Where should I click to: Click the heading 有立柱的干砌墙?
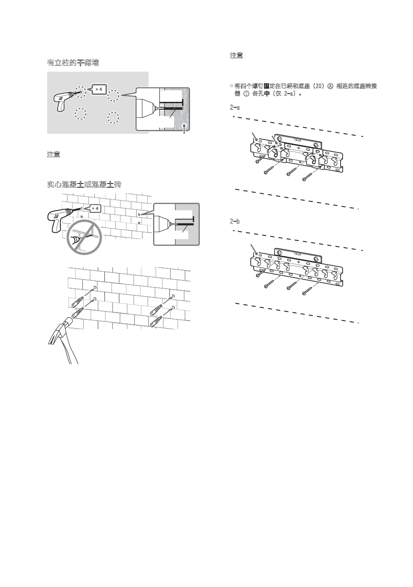73,63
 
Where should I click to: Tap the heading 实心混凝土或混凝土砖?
84,184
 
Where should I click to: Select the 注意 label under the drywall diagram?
53,155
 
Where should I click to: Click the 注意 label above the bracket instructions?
236,56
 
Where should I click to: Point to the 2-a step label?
235,108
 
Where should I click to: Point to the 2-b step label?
235,222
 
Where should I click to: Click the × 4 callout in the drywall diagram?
98,89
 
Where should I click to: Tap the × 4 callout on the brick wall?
95,208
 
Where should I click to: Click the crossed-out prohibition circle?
84,237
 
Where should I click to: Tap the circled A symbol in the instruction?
330,86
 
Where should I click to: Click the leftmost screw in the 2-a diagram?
259,159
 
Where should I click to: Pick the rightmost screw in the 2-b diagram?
307,291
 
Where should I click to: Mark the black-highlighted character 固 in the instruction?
267,86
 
